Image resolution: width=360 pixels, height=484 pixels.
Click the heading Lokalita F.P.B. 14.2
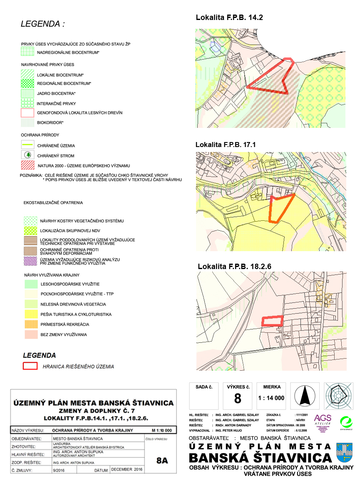229,17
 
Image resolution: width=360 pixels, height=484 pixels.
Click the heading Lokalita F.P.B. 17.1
225,145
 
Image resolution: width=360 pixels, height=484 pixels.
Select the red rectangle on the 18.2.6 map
273,321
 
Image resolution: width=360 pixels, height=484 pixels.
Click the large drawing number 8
238,399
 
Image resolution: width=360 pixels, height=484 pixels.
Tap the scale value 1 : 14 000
271,398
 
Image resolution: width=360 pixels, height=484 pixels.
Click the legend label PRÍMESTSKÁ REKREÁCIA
64,324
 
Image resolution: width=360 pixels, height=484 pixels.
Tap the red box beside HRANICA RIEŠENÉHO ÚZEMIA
30,367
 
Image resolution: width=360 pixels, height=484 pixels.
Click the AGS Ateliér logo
323,421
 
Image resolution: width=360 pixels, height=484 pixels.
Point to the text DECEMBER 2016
127,470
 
